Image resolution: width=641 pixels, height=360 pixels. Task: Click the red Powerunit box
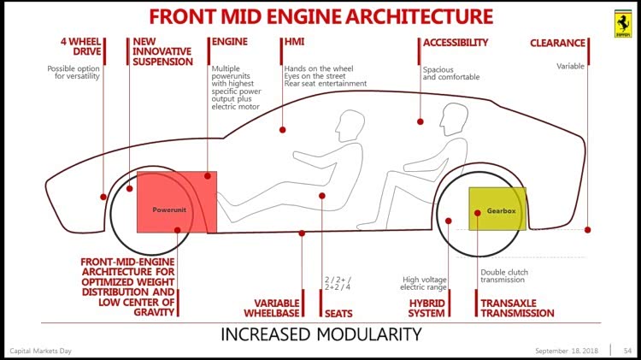click(176, 202)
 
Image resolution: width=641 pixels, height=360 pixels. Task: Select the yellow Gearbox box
click(497, 209)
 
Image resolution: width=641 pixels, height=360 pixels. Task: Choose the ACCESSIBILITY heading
click(455, 43)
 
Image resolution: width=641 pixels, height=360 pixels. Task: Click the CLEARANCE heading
click(557, 43)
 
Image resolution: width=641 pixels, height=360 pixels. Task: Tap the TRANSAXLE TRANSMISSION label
click(517, 308)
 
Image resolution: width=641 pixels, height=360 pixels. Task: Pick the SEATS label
click(338, 314)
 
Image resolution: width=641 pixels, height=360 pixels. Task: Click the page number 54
click(627, 351)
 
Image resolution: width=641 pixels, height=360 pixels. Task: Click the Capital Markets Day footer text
click(41, 351)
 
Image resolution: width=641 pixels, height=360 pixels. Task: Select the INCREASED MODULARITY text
click(320, 333)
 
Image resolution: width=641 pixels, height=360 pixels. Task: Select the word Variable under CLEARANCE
click(571, 66)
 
